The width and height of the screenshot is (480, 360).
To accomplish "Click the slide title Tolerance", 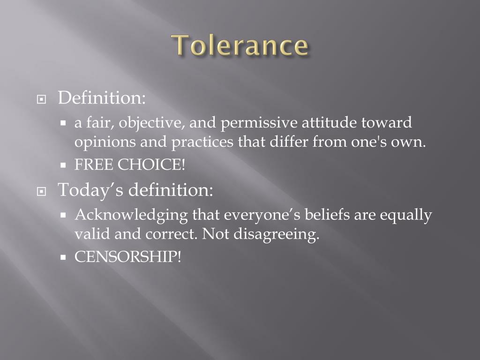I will point(240,46).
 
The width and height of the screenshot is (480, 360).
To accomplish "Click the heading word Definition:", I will point(102,98).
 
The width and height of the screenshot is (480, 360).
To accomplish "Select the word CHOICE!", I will point(151,165).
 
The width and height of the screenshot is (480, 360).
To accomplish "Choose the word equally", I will point(405,215).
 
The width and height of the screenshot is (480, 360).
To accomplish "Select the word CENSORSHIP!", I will point(127,257).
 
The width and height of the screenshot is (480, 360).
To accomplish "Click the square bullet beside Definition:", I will point(42,100).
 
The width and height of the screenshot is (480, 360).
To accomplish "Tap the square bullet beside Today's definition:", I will point(42,192).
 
